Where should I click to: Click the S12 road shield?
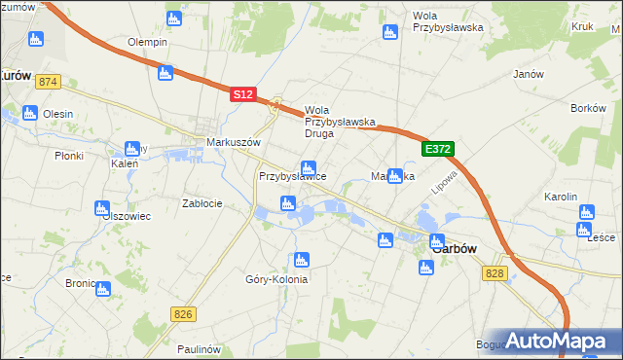[x=243, y=94]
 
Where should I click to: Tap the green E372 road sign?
[x=438, y=149]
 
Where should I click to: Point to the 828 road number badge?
[x=495, y=274]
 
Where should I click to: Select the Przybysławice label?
[x=292, y=176]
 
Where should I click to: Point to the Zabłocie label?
[x=203, y=203]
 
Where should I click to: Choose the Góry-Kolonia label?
[x=276, y=279]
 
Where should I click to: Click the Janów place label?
[x=527, y=74]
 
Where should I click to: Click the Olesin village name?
[x=57, y=114]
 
